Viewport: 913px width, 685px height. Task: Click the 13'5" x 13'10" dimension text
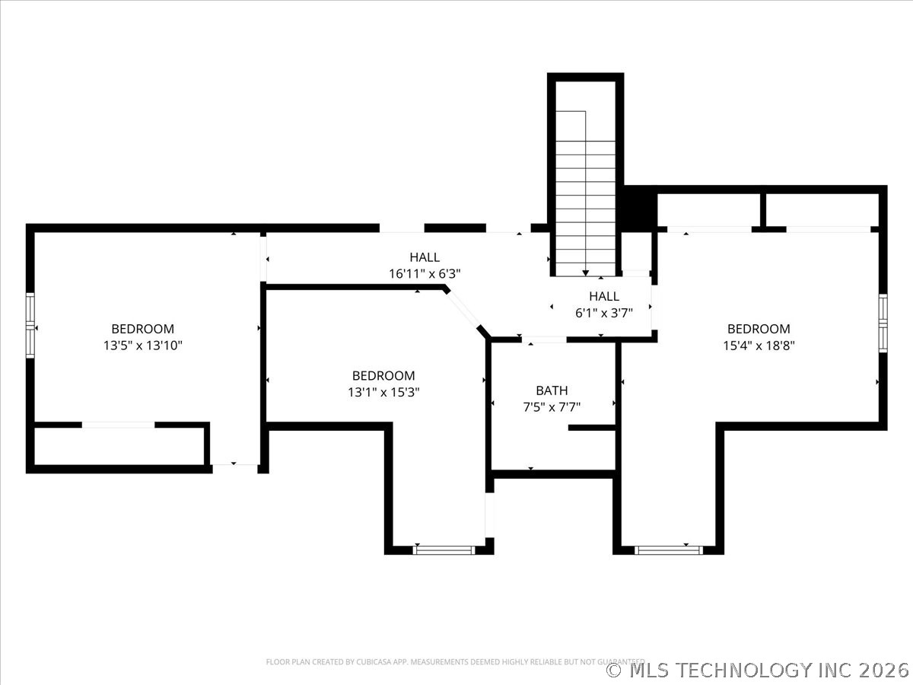pos(143,346)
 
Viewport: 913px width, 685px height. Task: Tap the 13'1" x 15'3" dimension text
pos(383,392)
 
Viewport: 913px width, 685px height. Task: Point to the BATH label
pos(552,390)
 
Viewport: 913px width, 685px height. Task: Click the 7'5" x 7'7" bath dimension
pos(552,407)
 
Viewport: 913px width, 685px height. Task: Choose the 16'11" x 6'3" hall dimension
pos(425,273)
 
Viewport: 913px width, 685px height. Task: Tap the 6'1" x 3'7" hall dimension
pos(603,312)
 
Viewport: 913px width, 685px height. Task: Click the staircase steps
pos(585,190)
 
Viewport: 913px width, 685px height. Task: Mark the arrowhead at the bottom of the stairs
pos(585,272)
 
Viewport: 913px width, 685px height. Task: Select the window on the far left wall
pos(30,326)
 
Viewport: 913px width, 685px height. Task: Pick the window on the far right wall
pos(883,323)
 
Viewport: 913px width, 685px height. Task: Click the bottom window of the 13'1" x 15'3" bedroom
pos(444,549)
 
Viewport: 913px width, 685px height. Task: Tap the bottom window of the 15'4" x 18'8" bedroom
pos(669,549)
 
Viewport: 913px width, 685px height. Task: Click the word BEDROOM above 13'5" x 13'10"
pos(143,329)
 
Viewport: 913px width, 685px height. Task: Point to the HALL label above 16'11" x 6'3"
pos(425,257)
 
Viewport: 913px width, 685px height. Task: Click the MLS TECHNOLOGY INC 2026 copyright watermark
pos(758,670)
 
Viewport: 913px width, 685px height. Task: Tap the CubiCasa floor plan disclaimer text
pos(455,661)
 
